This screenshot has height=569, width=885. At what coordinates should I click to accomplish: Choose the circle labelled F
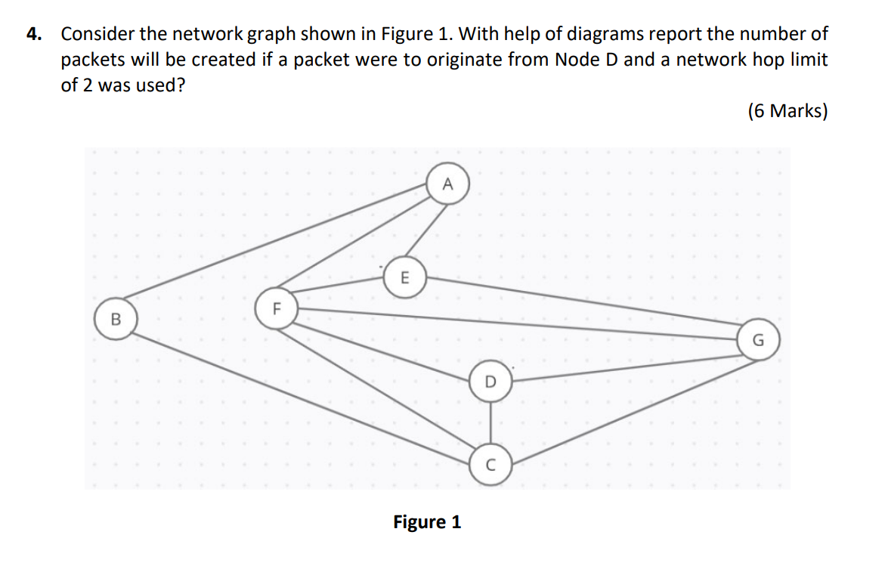[276, 308]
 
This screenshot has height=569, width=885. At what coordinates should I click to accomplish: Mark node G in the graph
[758, 341]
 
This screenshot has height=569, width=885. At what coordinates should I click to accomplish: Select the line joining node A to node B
[280, 243]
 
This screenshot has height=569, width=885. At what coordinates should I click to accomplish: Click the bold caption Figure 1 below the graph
[427, 522]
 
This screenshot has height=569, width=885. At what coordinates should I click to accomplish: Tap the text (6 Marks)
[788, 111]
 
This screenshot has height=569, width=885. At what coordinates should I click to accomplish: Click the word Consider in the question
[94, 34]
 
